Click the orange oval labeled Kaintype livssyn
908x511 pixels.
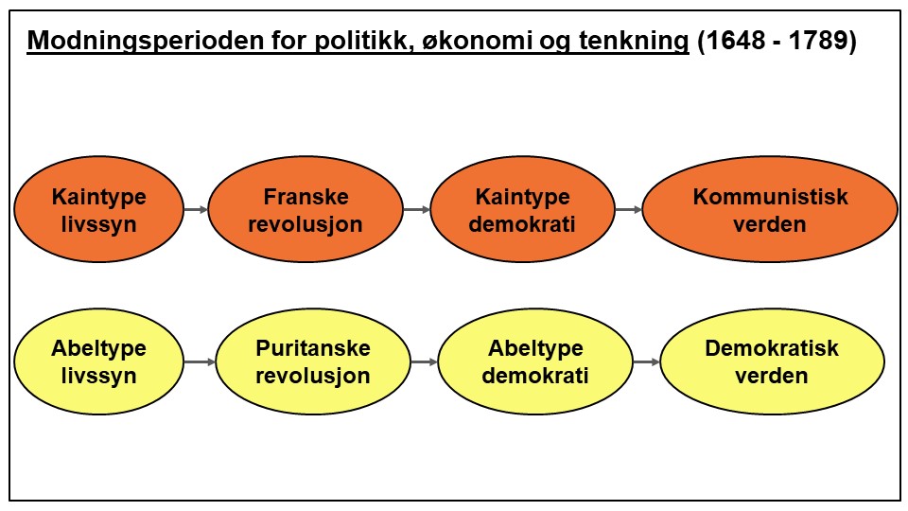tap(99, 210)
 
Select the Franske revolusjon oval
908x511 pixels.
tap(305, 210)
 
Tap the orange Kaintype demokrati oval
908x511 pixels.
tap(522, 210)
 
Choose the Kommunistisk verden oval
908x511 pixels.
tap(770, 210)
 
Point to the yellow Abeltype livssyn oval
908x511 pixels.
tap(99, 361)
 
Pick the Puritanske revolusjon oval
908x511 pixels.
tap(313, 361)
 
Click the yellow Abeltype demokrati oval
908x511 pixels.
tap(535, 361)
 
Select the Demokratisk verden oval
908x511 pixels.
tap(772, 361)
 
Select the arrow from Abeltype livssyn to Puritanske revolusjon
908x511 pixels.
tap(201, 361)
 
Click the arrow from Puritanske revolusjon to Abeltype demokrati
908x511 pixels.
tap(424, 361)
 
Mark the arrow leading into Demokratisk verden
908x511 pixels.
tap(646, 361)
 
